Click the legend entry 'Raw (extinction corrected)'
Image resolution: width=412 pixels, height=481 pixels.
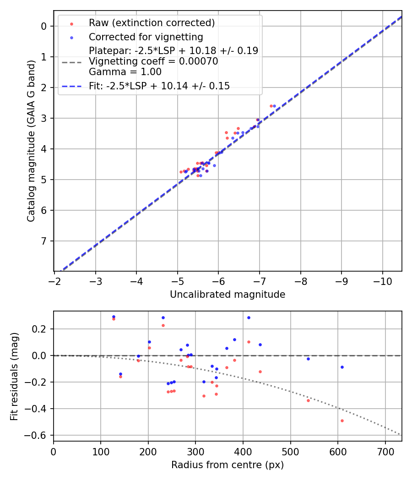(152, 23)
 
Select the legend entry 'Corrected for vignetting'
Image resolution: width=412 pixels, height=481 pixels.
(146, 37)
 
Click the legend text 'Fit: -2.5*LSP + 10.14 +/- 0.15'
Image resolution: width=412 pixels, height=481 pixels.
(159, 86)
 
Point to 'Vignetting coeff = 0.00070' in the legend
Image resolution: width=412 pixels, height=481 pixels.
(153, 61)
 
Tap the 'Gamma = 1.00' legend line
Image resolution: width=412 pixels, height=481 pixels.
(125, 72)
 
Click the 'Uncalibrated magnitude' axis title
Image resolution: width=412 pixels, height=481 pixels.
(228, 295)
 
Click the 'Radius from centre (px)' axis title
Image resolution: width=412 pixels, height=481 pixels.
(228, 465)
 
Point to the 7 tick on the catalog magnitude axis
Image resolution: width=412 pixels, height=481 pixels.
(44, 241)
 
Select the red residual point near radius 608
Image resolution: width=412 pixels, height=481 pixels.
(342, 421)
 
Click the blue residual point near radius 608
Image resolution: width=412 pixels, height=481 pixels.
(342, 367)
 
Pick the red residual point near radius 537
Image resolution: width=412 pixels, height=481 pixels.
(308, 400)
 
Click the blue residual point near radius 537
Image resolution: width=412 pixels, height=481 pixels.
(308, 359)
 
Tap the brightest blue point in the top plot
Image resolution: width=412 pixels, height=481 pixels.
(274, 106)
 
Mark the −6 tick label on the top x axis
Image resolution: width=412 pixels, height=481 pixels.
(218, 280)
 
